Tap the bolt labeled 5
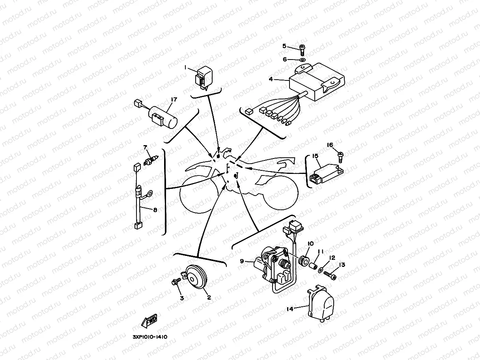tap(302, 49)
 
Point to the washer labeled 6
tap(302, 60)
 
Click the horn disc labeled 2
tap(196, 278)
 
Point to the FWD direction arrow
tap(149, 322)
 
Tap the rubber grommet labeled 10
tap(304, 261)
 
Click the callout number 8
tap(155, 210)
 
